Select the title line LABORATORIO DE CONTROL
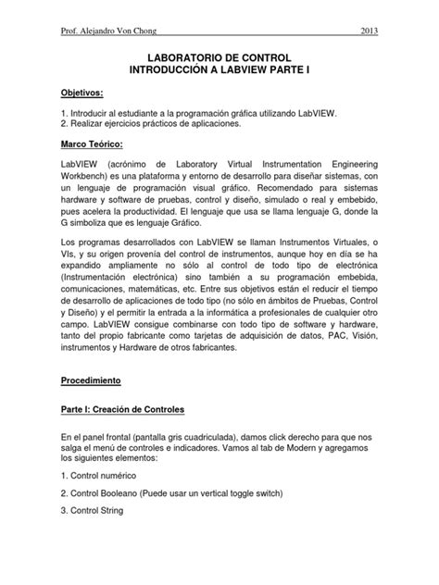(219, 57)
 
